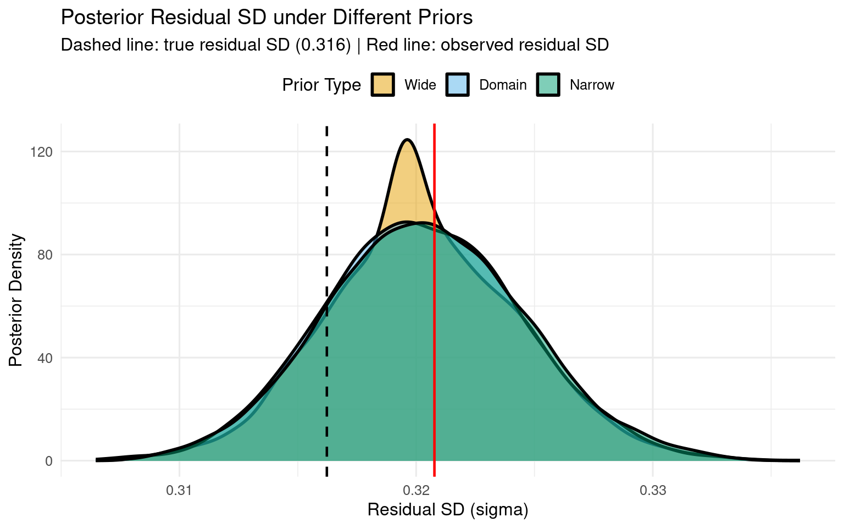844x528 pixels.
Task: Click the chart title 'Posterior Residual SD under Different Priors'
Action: pyautogui.click(x=266, y=18)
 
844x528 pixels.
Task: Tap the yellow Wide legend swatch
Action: pyautogui.click(x=382, y=85)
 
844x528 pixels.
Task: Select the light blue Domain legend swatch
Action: pyautogui.click(x=457, y=85)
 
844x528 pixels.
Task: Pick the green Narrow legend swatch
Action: pyautogui.click(x=548, y=85)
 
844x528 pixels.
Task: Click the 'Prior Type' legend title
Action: pyautogui.click(x=321, y=85)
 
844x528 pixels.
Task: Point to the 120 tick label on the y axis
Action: pyautogui.click(x=41, y=152)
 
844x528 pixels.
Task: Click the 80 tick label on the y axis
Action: pyautogui.click(x=45, y=255)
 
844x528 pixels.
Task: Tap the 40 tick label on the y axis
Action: pyautogui.click(x=45, y=358)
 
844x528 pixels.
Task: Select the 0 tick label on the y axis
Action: pyautogui.click(x=48, y=461)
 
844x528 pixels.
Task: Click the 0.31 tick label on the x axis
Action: pyautogui.click(x=179, y=490)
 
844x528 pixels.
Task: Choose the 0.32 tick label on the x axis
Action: pyautogui.click(x=416, y=490)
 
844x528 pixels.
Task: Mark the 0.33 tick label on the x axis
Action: pyautogui.click(x=653, y=490)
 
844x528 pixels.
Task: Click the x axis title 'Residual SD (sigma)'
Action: pyautogui.click(x=448, y=510)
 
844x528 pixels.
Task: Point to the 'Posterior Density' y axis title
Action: pyautogui.click(x=16, y=300)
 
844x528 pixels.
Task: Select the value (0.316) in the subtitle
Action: pyautogui.click(x=323, y=45)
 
